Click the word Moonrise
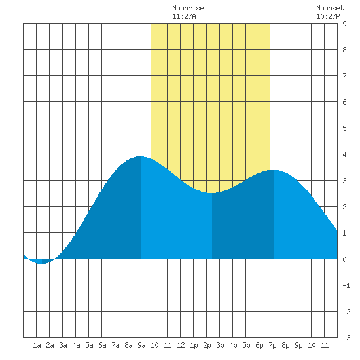point(188,9)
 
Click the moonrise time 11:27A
point(184,16)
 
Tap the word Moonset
point(330,9)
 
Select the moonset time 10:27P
point(328,16)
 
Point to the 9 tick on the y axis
point(344,24)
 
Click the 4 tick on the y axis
point(344,154)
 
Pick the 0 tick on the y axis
point(344,259)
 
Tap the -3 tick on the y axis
point(346,338)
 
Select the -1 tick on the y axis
point(346,285)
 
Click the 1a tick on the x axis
point(37,345)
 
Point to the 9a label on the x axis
point(141,345)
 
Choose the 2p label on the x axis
point(207,345)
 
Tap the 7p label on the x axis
point(272,345)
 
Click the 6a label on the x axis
point(102,345)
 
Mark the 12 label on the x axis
point(181,345)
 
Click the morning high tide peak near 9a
point(140,157)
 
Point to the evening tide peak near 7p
point(274,171)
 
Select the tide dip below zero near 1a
point(42,263)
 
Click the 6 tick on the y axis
point(344,102)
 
